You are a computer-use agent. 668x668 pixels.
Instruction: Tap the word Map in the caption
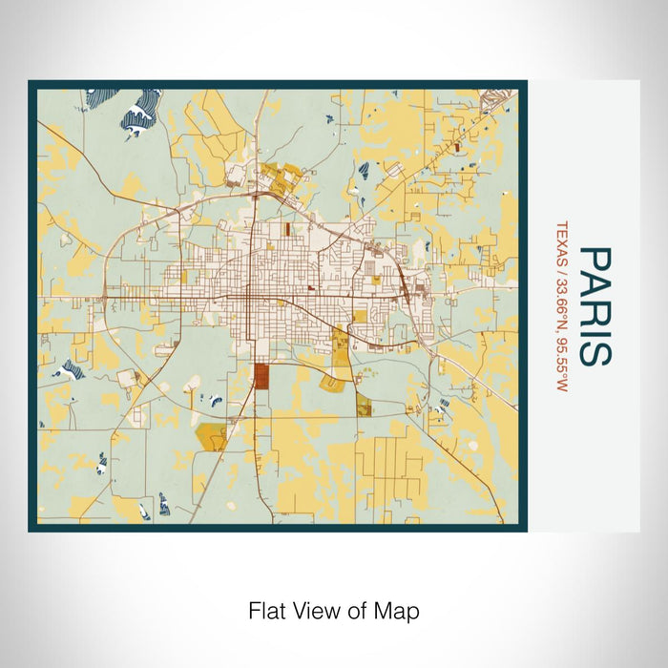coord(400,610)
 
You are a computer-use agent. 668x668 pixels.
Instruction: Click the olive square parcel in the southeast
coord(364,408)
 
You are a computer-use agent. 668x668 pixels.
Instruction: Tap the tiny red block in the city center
coord(311,285)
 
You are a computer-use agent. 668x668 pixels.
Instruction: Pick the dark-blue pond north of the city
coord(363,169)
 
